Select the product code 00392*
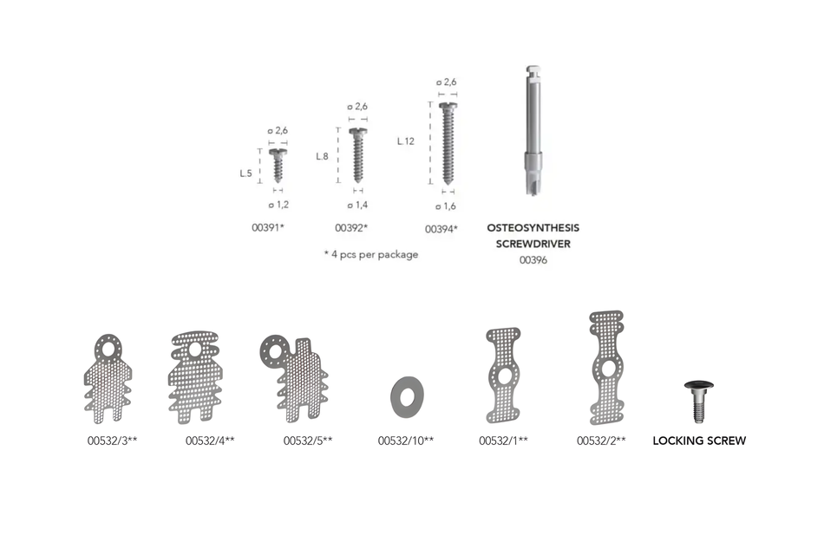click(351, 228)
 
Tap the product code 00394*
click(441, 229)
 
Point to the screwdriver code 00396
click(533, 260)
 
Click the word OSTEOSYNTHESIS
click(533, 227)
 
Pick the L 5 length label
click(246, 173)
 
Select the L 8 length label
click(322, 156)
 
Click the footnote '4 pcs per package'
click(370, 255)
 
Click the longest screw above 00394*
click(448, 142)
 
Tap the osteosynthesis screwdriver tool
click(533, 130)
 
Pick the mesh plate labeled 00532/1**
click(504, 375)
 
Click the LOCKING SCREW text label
click(699, 441)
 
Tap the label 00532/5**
click(308, 441)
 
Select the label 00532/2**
click(602, 441)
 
